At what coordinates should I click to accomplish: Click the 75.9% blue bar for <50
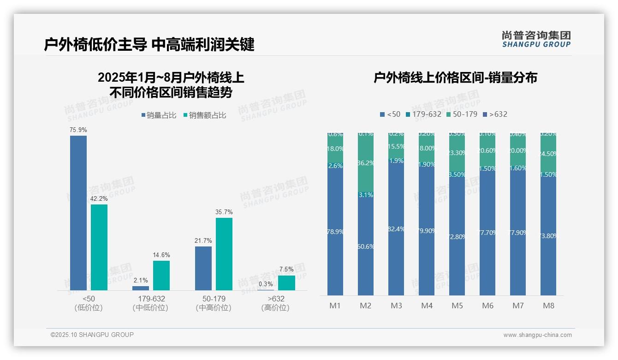tap(78, 213)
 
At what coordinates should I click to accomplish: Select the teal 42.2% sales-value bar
tap(99, 247)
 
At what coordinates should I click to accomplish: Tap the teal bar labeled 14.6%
tap(161, 276)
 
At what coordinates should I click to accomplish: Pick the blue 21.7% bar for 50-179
tap(203, 268)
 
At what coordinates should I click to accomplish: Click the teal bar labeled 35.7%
tap(224, 254)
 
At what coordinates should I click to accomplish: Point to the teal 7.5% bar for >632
tap(286, 283)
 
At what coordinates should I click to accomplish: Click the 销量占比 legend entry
tap(159, 115)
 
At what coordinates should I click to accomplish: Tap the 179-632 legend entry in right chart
tap(423, 114)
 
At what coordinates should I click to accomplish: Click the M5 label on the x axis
tap(457, 306)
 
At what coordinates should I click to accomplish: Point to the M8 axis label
tap(548, 306)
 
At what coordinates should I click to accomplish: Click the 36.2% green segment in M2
tap(366, 163)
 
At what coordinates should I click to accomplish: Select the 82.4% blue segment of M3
tap(396, 229)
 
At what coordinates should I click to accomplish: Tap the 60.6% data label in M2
tap(366, 246)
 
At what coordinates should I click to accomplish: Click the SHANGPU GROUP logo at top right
tap(536, 39)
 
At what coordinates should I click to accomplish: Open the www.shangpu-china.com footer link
tap(537, 335)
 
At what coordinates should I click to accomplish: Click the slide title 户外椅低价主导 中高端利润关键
tap(149, 45)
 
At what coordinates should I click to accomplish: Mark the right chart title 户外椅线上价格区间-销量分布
tap(455, 78)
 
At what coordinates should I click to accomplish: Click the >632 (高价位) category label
tap(275, 303)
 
